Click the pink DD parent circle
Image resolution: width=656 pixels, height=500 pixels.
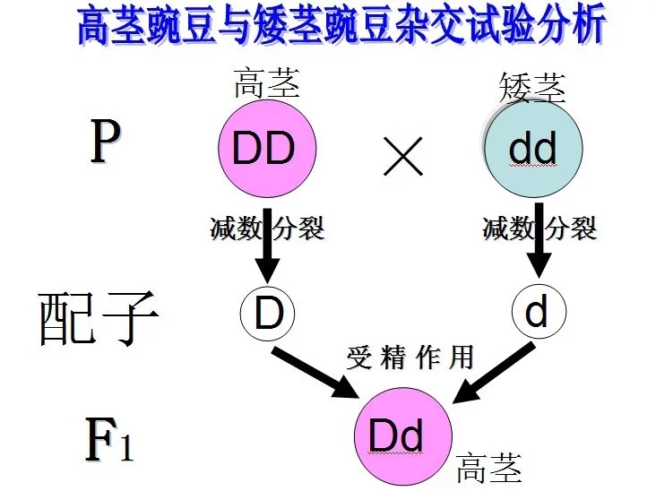tap(267, 149)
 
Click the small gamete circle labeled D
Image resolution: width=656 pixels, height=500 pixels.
tap(267, 311)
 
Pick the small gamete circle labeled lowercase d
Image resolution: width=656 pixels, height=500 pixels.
tap(537, 311)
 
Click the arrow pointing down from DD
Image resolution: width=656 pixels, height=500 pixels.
tap(267, 246)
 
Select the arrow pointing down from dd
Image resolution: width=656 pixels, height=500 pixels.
tap(539, 246)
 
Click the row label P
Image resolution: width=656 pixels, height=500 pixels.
tap(104, 143)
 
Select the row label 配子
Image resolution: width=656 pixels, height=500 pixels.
tap(98, 317)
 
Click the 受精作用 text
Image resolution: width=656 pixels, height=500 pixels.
tap(410, 358)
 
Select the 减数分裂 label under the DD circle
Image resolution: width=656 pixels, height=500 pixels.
tap(266, 228)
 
